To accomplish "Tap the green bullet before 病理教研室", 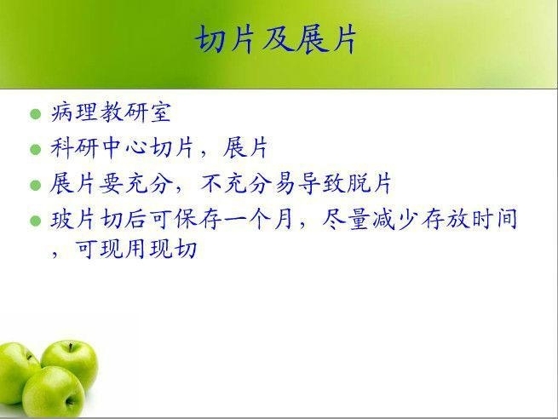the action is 36,114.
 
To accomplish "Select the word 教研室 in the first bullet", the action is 135,112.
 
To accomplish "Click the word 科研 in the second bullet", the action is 74,147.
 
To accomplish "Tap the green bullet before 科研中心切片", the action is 36,149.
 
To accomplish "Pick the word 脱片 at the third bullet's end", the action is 369,183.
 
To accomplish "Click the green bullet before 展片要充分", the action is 36,186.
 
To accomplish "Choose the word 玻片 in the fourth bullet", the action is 72,219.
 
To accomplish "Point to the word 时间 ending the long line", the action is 494,219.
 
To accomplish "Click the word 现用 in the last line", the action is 124,249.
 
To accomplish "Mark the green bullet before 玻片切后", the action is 36,221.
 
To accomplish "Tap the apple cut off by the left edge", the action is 16,371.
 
